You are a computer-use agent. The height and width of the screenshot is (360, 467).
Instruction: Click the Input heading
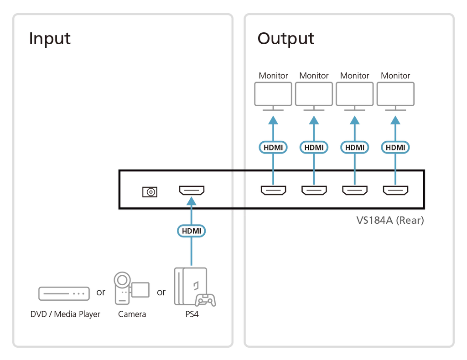50,39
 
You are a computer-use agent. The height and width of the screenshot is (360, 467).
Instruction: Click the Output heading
285,39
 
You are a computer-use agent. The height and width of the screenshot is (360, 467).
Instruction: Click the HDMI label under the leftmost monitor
273,147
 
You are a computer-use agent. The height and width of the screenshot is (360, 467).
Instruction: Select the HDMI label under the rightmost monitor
395,147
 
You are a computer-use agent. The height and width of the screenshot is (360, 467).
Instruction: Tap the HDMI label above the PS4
192,231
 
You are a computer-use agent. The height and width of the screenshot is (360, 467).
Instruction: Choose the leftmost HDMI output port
273,190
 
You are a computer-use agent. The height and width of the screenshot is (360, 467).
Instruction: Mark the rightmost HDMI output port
395,190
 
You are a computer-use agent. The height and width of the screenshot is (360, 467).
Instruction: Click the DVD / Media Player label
65,314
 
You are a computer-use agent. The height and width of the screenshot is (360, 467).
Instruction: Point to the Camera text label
132,314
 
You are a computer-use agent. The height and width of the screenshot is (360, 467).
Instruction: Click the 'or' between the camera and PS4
161,293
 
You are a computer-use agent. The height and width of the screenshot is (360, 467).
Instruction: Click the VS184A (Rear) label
390,221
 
